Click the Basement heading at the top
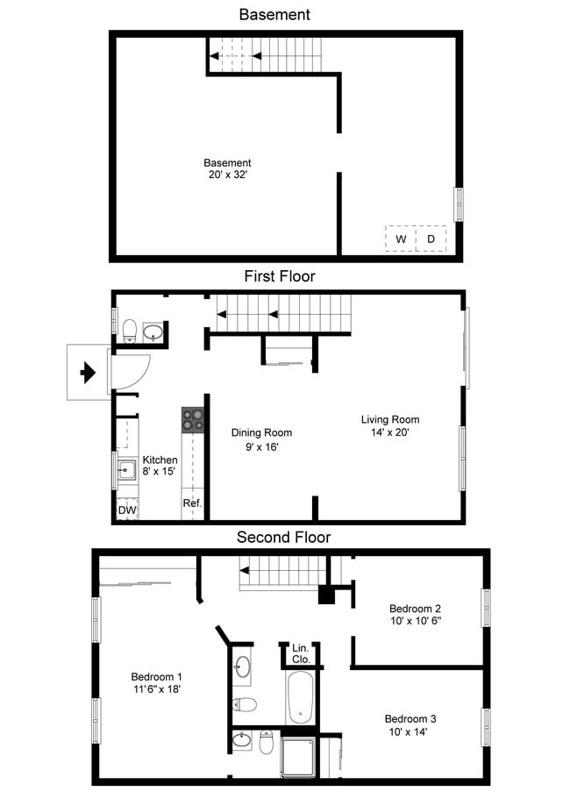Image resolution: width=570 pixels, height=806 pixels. pyautogui.click(x=274, y=14)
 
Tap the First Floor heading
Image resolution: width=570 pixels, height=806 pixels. pyautogui.click(x=279, y=276)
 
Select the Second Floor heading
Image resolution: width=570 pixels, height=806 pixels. pyautogui.click(x=283, y=537)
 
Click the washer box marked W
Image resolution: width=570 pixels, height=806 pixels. pyautogui.click(x=401, y=239)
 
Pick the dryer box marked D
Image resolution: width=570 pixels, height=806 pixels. pyautogui.click(x=431, y=239)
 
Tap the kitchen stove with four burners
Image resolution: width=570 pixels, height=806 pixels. pyautogui.click(x=193, y=420)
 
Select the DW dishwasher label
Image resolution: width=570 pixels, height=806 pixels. pyautogui.click(x=126, y=510)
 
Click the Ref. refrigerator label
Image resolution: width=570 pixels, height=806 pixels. pyautogui.click(x=192, y=503)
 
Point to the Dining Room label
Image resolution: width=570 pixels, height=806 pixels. pyautogui.click(x=261, y=432)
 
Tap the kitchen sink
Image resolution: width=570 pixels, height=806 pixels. pyautogui.click(x=126, y=472)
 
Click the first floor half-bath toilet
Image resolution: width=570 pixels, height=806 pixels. pyautogui.click(x=129, y=331)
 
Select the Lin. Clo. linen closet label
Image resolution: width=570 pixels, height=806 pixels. pyautogui.click(x=299, y=653)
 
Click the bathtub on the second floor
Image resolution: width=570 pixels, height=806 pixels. pyautogui.click(x=299, y=698)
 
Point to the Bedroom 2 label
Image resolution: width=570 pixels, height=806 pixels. pyautogui.click(x=415, y=609)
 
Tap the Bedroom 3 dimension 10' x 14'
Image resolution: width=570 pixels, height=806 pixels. pyautogui.click(x=408, y=731)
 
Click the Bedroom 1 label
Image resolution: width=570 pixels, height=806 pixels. pyautogui.click(x=156, y=676)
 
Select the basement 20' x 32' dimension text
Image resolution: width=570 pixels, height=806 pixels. pyautogui.click(x=227, y=175)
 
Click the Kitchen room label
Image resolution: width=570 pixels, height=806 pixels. pyautogui.click(x=160, y=460)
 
